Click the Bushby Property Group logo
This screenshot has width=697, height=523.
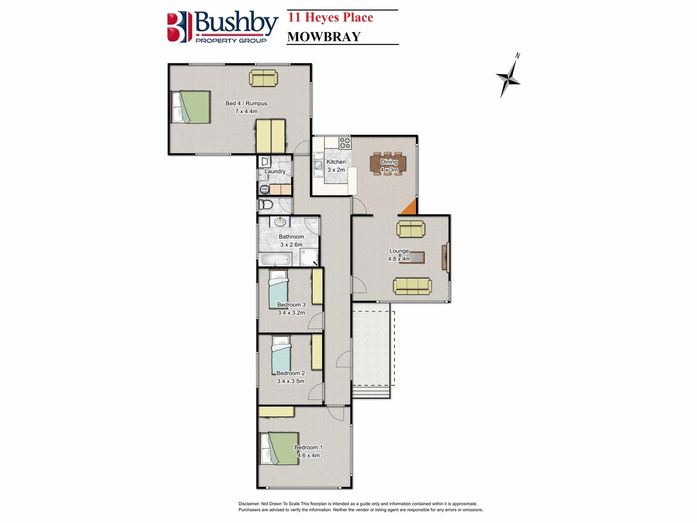[x=223, y=27]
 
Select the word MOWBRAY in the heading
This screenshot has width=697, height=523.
[x=324, y=37]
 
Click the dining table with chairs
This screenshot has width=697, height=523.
[x=388, y=164]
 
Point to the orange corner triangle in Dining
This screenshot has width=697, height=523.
[x=409, y=208]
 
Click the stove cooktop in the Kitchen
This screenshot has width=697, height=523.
[x=345, y=143]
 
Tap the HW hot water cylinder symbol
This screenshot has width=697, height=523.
[x=265, y=189]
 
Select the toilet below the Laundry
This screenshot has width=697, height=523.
[x=266, y=205]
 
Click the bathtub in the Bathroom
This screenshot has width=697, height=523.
[x=275, y=260]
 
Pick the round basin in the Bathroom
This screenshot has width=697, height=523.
[x=280, y=222]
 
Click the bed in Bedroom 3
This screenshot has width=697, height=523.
[x=279, y=290]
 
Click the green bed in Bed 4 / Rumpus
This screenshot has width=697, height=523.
[x=191, y=107]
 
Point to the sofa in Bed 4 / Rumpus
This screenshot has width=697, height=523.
[x=263, y=78]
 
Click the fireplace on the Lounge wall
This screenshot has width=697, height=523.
[x=445, y=257]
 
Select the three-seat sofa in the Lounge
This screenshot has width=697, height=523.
[x=412, y=286]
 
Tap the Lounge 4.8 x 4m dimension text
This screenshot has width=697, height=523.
[x=399, y=259]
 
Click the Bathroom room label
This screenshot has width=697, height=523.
[x=291, y=237]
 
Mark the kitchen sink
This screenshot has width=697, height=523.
[x=318, y=165]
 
